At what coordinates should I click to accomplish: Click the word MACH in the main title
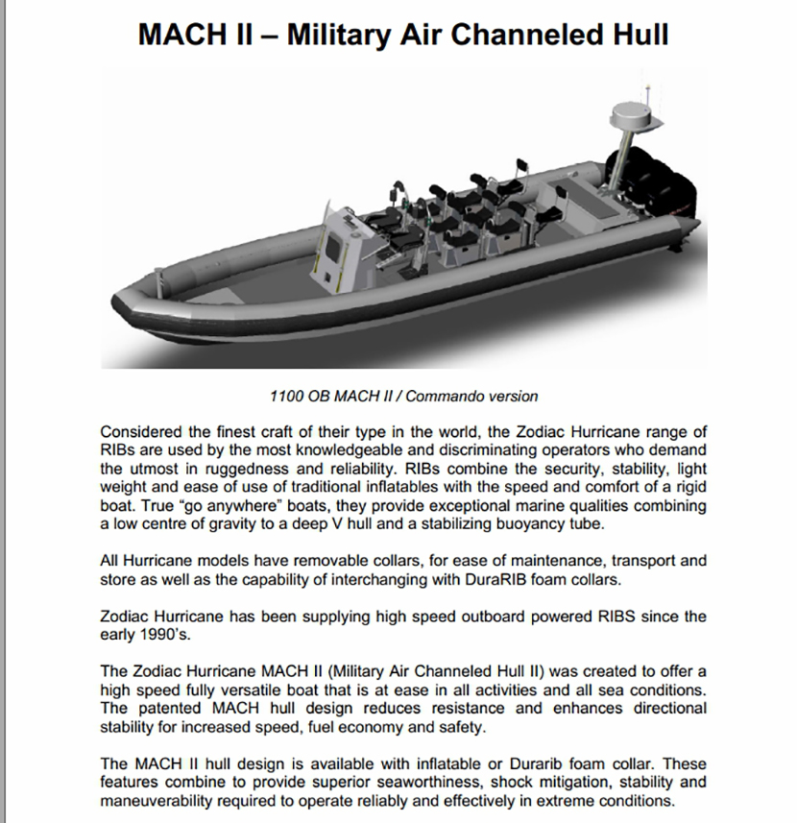coord(189,35)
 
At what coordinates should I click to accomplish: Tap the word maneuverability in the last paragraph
coord(157,800)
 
